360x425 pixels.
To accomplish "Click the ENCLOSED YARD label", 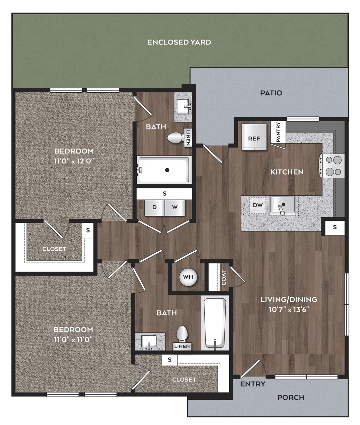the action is [x=179, y=42].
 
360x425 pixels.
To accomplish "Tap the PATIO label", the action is [x=271, y=93].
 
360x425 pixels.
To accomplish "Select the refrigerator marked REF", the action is [x=254, y=137].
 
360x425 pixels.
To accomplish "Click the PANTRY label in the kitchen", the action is [x=278, y=132].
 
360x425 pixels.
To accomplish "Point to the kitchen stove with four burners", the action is [x=332, y=166].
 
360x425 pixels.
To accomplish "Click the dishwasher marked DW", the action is [x=258, y=205].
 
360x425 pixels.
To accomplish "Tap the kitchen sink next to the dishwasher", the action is [x=283, y=205].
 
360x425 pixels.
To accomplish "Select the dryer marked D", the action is [x=155, y=208].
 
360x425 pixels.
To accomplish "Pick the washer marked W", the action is [x=175, y=208].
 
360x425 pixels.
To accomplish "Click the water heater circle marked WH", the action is [x=188, y=277].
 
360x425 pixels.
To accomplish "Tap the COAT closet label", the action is [x=224, y=278].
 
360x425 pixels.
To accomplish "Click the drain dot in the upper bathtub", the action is [x=167, y=170].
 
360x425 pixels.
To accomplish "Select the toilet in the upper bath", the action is [x=176, y=137].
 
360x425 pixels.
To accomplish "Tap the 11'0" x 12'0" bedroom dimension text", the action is [x=74, y=161].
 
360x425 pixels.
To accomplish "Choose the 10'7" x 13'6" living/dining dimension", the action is [x=289, y=309].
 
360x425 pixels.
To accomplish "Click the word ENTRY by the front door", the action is [x=253, y=384].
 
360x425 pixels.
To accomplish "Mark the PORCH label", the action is [x=291, y=397].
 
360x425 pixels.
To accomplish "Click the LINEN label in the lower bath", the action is [x=182, y=346].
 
